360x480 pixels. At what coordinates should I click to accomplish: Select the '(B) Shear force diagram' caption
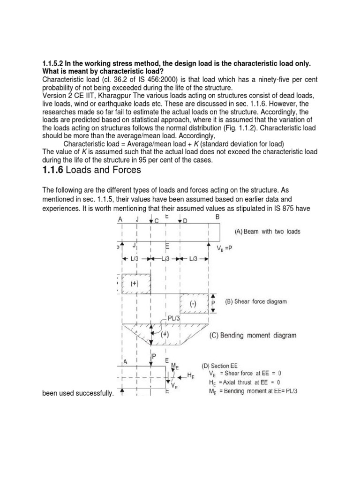(x=257, y=302)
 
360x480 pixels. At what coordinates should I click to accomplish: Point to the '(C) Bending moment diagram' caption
(x=252, y=335)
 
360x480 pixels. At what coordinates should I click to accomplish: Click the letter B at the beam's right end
(x=217, y=217)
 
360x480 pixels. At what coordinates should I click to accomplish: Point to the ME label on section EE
(x=175, y=366)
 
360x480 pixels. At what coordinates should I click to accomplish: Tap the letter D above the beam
(x=185, y=220)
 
